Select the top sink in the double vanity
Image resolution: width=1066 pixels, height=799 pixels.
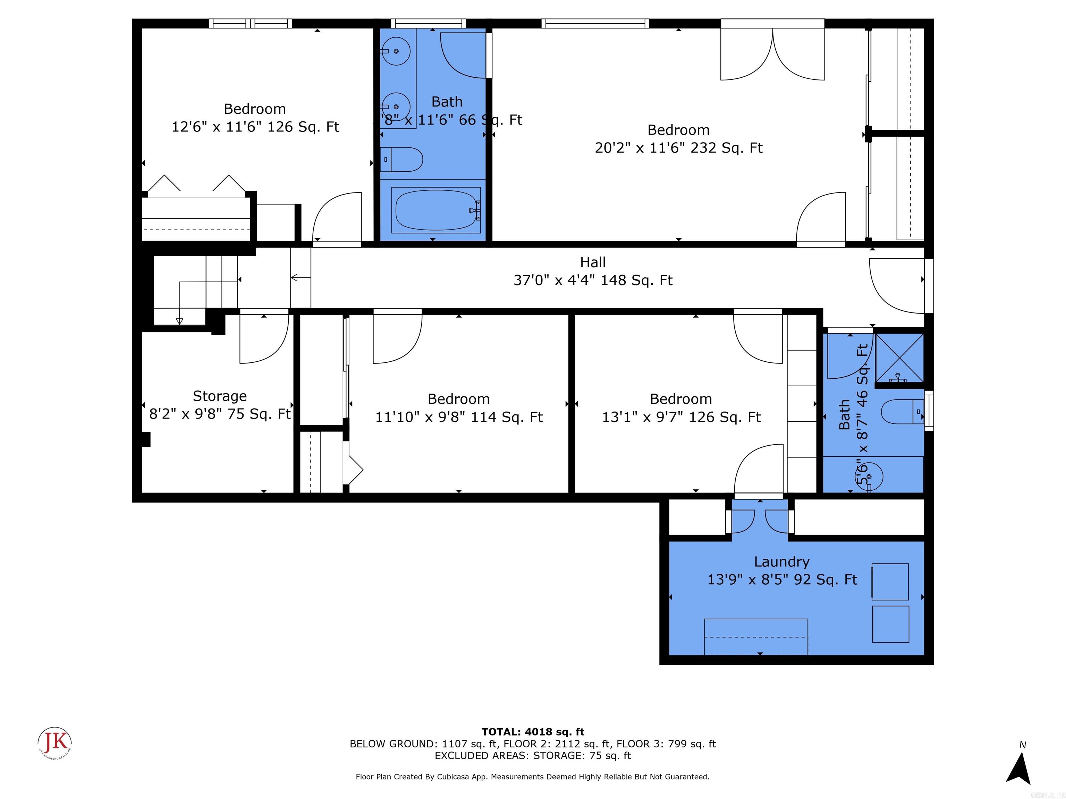click(396, 51)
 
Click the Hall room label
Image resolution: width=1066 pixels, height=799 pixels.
click(593, 263)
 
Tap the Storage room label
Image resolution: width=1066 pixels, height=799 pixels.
click(220, 396)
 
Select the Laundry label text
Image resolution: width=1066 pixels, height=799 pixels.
click(782, 561)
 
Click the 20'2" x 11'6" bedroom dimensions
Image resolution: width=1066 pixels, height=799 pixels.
click(678, 148)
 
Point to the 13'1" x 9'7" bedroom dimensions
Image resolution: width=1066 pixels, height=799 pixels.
click(681, 417)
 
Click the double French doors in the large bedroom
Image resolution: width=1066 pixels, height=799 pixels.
click(772, 53)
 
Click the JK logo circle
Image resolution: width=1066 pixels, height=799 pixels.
click(55, 742)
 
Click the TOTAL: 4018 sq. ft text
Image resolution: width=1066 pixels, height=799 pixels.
click(533, 732)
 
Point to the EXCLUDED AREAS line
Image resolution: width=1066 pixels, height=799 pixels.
click(533, 756)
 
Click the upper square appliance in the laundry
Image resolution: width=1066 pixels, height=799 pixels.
click(890, 582)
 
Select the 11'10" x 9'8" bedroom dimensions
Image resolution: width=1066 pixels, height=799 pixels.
click(459, 417)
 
